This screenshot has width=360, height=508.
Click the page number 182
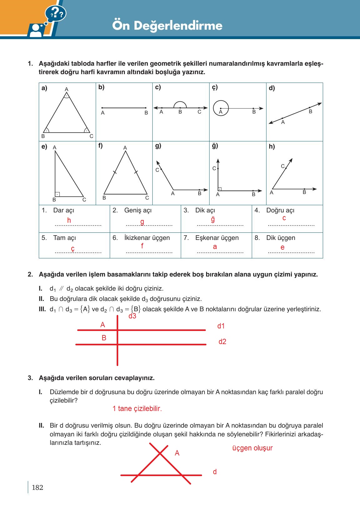click(38, 487)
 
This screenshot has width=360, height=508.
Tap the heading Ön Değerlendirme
click(167, 25)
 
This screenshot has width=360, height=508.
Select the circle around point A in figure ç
click(221, 108)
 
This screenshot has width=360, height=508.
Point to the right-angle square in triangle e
click(57, 194)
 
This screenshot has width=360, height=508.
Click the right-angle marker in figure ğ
click(220, 189)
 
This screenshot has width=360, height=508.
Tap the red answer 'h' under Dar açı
click(69, 220)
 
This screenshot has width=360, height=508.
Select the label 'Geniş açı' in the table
click(138, 210)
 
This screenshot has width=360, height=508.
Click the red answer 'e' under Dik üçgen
click(282, 247)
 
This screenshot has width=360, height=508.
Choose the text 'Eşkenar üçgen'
click(217, 238)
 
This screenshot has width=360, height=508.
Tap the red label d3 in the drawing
click(132, 316)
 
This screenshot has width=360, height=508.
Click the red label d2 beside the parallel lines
click(222, 342)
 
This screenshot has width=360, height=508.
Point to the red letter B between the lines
click(104, 338)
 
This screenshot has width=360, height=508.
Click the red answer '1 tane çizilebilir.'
click(137, 409)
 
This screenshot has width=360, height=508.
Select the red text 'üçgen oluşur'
click(252, 448)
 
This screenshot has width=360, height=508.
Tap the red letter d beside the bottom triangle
click(215, 472)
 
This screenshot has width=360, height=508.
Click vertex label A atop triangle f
click(125, 148)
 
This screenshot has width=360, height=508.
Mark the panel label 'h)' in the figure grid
click(272, 146)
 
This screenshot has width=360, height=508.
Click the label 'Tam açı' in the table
click(64, 238)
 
